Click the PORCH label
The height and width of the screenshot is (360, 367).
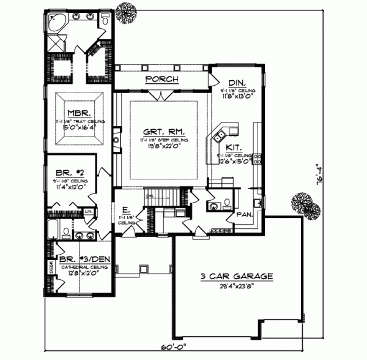click(x=161, y=80)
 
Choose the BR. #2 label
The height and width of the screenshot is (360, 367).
click(x=70, y=173)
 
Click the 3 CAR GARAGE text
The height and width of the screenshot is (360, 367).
click(x=235, y=276)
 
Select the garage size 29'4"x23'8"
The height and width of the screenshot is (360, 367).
click(x=235, y=285)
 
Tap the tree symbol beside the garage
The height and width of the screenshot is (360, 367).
click(x=305, y=205)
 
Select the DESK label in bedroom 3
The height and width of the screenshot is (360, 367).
click(x=52, y=268)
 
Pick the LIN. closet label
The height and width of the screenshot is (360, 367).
click(x=89, y=211)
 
